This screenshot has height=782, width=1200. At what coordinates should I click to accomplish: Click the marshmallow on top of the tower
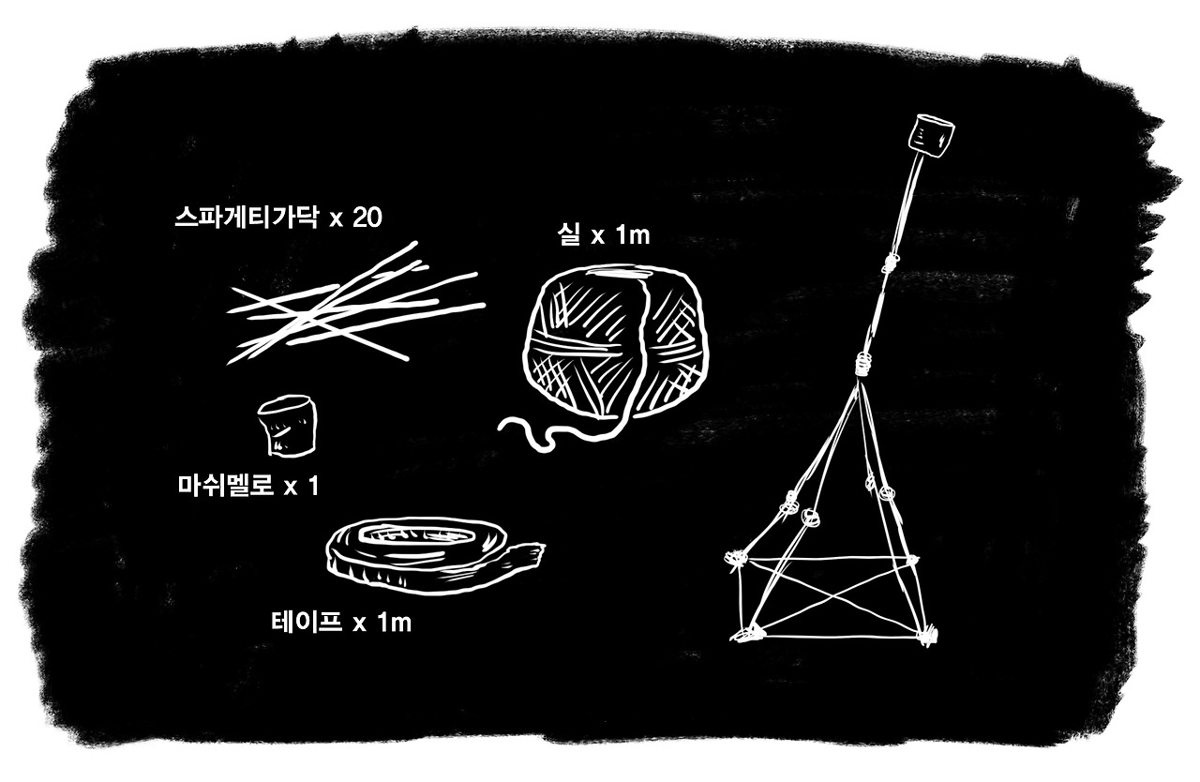point(930,137)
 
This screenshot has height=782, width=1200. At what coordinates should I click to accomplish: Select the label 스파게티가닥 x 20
point(278,218)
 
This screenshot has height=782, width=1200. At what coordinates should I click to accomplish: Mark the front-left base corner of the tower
point(747,636)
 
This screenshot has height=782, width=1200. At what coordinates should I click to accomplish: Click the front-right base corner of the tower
point(928,634)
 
